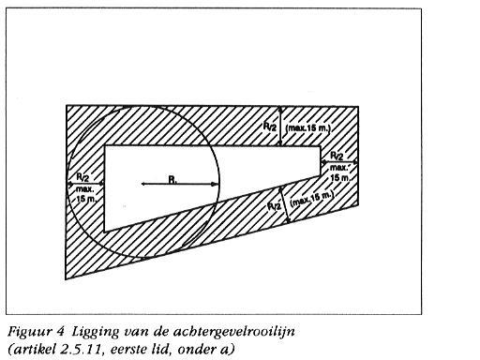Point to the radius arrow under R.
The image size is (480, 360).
179,184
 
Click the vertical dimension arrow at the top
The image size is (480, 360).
282,126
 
